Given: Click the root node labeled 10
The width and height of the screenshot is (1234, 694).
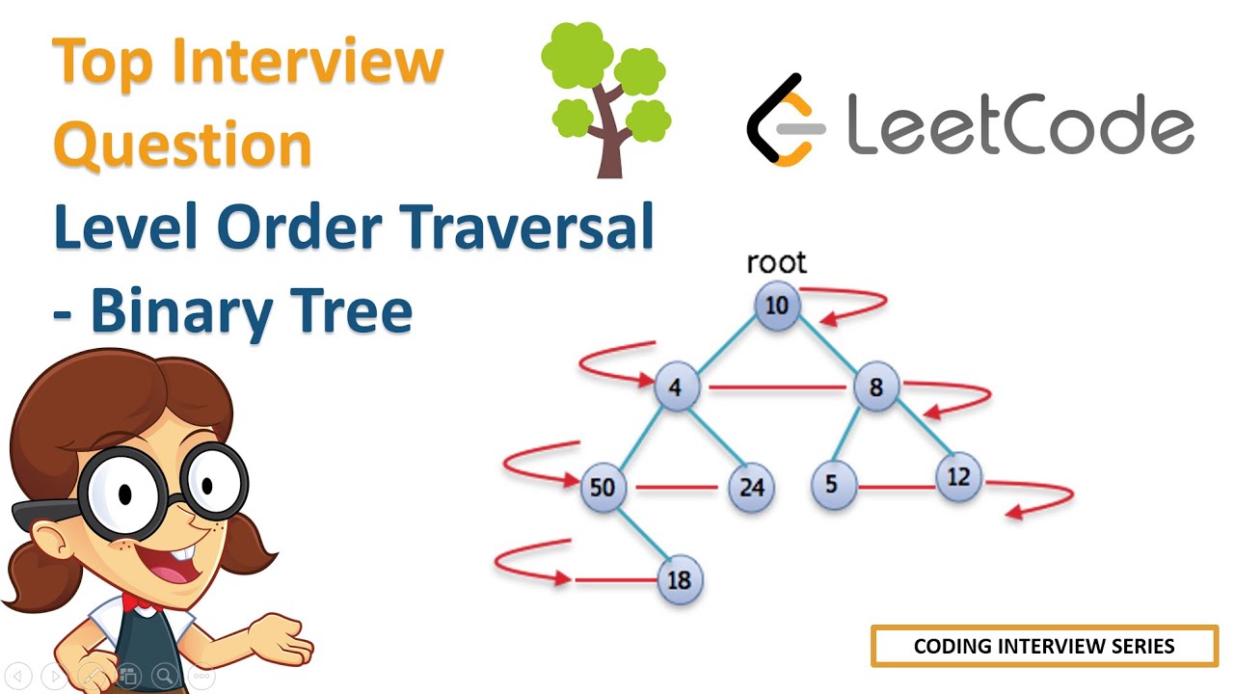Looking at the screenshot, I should (x=777, y=307).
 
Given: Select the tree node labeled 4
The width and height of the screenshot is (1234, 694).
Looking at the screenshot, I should (x=676, y=387).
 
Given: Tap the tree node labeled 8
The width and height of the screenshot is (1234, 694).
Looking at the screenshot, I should (x=875, y=387).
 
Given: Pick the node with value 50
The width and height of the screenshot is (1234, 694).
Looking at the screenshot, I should (x=603, y=487).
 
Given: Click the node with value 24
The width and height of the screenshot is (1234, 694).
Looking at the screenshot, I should (x=751, y=487).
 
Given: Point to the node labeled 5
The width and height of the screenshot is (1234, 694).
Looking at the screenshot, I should (x=832, y=483).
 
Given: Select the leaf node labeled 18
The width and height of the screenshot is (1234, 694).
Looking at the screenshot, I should (x=680, y=580).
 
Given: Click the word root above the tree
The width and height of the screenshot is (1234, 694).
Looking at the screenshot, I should (x=776, y=262).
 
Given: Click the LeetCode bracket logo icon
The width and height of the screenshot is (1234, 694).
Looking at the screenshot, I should (x=786, y=120).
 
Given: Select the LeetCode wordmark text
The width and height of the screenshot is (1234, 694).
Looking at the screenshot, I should (x=1020, y=123).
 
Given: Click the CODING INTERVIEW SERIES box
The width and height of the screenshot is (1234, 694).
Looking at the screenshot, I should (x=1044, y=646).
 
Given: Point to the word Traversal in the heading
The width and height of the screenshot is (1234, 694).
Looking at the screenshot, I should (x=528, y=227).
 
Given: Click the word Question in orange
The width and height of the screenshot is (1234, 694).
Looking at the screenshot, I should (x=183, y=145).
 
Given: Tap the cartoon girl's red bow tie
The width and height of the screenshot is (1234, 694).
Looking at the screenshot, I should (x=135, y=602).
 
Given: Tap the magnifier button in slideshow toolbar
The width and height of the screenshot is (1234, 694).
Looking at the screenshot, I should (x=165, y=676).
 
